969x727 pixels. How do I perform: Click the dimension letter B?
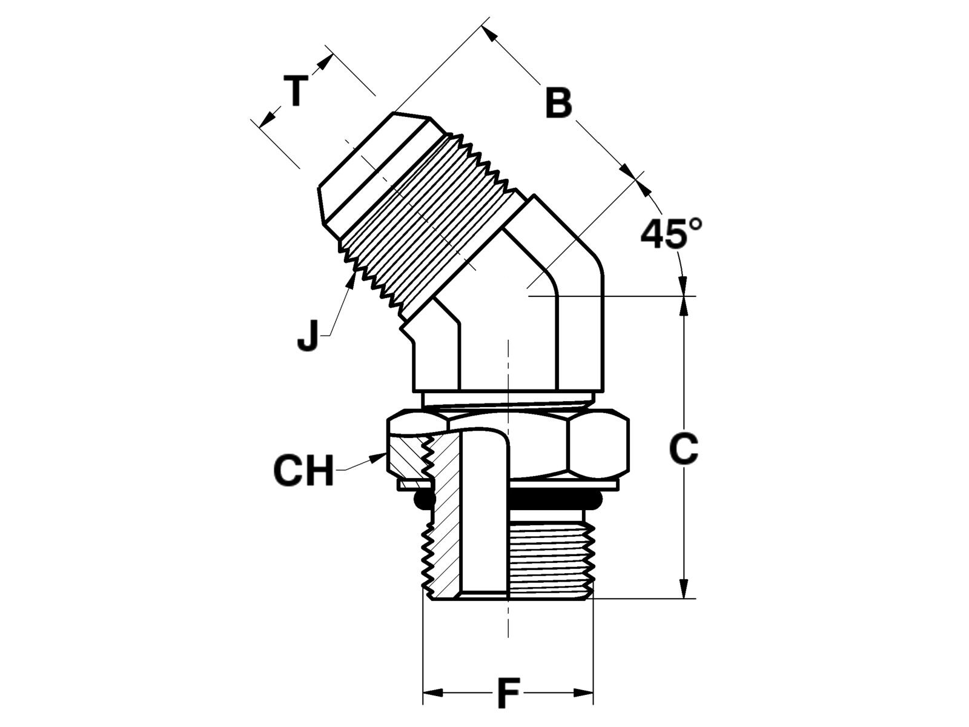point(558,103)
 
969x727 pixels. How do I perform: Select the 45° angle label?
point(672,233)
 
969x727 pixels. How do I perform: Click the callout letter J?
point(308,336)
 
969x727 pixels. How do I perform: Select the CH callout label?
point(304,471)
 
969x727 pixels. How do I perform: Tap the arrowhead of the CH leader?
point(379,458)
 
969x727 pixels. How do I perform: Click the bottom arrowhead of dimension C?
point(683,588)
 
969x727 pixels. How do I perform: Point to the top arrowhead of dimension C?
point(683,307)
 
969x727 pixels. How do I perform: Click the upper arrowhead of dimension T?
point(324,62)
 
